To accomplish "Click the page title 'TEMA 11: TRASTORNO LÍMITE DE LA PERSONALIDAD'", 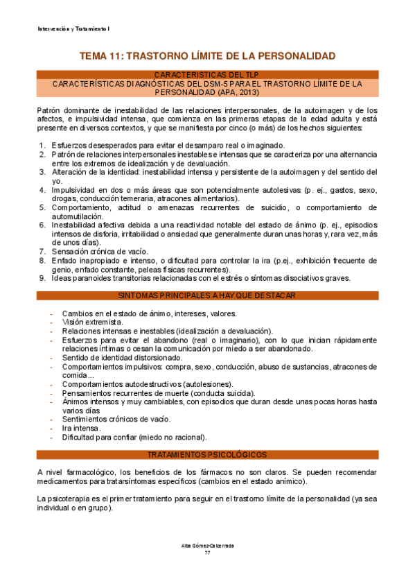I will click(208, 55).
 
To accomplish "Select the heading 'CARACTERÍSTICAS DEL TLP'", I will click(207, 74).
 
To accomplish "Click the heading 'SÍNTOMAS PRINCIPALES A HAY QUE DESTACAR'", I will click(207, 295).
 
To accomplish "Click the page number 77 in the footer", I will click(207, 553).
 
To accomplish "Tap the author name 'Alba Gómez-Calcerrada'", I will click(207, 546).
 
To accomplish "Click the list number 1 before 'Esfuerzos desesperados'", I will click(42, 146).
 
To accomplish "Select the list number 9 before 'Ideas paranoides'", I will click(42, 279).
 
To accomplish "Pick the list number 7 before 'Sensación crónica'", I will click(42, 252).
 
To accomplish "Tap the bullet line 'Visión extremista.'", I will click(93, 322).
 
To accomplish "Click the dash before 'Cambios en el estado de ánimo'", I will click(52, 313).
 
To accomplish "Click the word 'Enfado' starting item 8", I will click(64, 261).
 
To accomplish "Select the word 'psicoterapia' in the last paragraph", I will click(69, 499).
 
